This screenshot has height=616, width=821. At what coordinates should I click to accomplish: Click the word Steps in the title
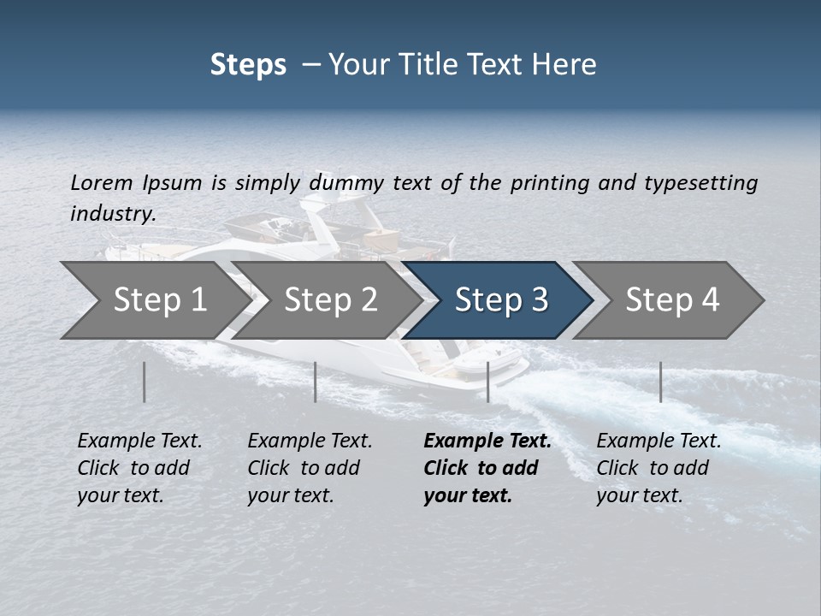pyautogui.click(x=248, y=65)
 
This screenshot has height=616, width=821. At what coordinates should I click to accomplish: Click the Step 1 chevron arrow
pyautogui.click(x=154, y=300)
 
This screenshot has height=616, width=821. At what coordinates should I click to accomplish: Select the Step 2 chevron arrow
pyautogui.click(x=329, y=300)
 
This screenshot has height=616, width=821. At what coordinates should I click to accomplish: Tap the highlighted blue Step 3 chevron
pyautogui.click(x=500, y=300)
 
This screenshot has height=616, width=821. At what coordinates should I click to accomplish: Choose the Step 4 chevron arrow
pyautogui.click(x=671, y=300)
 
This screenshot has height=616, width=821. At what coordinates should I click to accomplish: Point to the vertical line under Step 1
pyautogui.click(x=145, y=382)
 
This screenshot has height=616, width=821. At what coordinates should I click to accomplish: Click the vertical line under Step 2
pyautogui.click(x=316, y=382)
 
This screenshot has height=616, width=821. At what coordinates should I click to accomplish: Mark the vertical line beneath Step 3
pyautogui.click(x=487, y=382)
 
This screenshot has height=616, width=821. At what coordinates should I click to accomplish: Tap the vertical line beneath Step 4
pyautogui.click(x=660, y=382)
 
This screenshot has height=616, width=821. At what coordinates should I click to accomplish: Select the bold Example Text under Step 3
pyautogui.click(x=487, y=467)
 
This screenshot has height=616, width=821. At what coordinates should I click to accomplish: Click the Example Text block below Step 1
pyautogui.click(x=139, y=467)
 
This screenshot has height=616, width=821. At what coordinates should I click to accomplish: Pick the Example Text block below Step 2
pyautogui.click(x=310, y=467)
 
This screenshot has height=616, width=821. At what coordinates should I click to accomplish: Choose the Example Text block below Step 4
pyautogui.click(x=659, y=467)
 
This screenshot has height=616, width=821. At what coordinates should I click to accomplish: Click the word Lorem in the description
pyautogui.click(x=101, y=182)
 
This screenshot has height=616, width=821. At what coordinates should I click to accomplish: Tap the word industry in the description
pyautogui.click(x=112, y=214)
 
